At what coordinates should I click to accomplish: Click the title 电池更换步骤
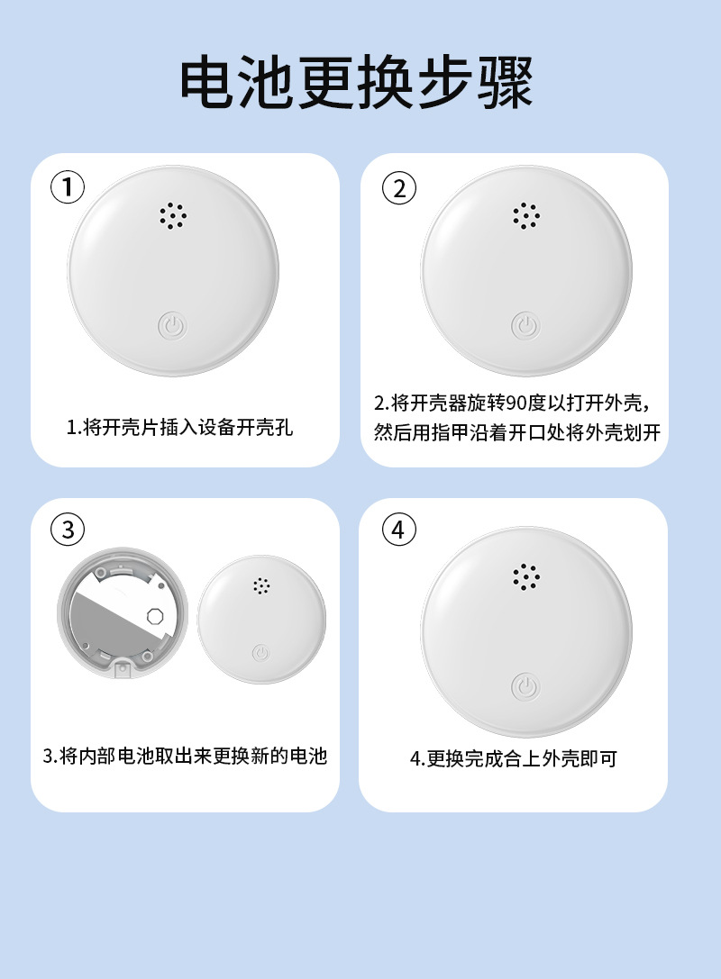tap(356, 83)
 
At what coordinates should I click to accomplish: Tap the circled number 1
tap(68, 187)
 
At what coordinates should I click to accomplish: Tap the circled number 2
tap(398, 187)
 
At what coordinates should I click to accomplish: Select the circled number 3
tap(68, 530)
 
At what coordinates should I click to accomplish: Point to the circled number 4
tap(398, 530)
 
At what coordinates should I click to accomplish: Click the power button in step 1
tap(172, 326)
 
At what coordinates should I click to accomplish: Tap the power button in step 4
tap(525, 687)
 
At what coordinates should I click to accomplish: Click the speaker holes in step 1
tap(172, 216)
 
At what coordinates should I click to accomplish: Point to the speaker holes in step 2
tap(526, 216)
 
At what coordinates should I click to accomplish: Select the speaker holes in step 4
tap(526, 577)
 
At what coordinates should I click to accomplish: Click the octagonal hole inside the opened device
tap(155, 616)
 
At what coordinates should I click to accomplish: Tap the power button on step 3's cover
tap(261, 653)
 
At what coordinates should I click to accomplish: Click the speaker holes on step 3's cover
tap(261, 585)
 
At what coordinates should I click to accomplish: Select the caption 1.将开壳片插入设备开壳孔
tap(180, 428)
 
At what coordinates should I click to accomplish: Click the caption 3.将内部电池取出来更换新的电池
tap(185, 757)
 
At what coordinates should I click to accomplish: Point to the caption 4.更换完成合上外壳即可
tap(514, 758)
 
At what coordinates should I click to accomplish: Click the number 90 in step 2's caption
tap(516, 403)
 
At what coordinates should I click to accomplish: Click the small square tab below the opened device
tap(123, 668)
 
